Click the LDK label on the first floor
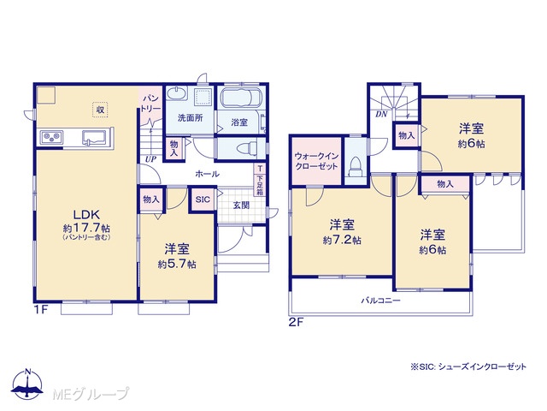click(86, 214)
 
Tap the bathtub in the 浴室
click(241, 98)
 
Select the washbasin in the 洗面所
click(177, 93)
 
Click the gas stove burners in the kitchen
click(52, 137)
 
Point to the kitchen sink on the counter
click(94, 137)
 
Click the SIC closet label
click(203, 200)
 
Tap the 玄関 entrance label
click(241, 205)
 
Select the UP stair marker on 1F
click(150, 159)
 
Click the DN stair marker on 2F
click(381, 114)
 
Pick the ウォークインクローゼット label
click(316, 161)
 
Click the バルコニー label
click(380, 301)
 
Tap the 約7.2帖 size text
click(342, 241)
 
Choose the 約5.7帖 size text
click(177, 265)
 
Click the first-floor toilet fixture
click(246, 149)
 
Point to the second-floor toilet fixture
click(356, 166)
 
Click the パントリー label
click(151, 103)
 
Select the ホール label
click(207, 174)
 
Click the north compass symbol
click(27, 384)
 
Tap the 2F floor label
click(296, 322)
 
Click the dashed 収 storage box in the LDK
click(100, 110)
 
